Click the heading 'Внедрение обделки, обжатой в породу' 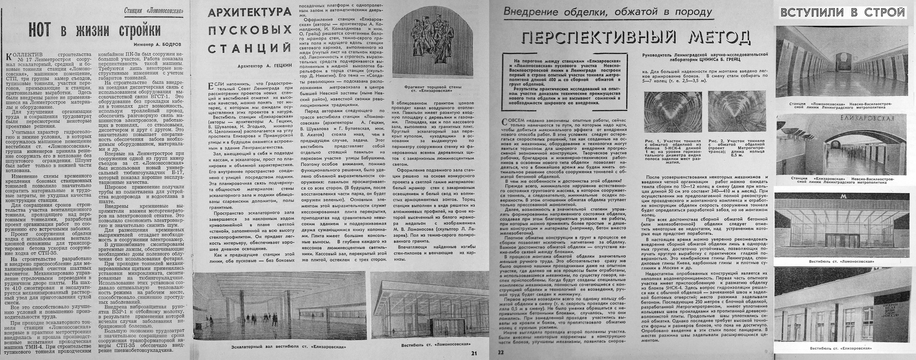(x=608, y=12)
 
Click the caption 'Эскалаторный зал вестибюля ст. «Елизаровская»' (x=288, y=347)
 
